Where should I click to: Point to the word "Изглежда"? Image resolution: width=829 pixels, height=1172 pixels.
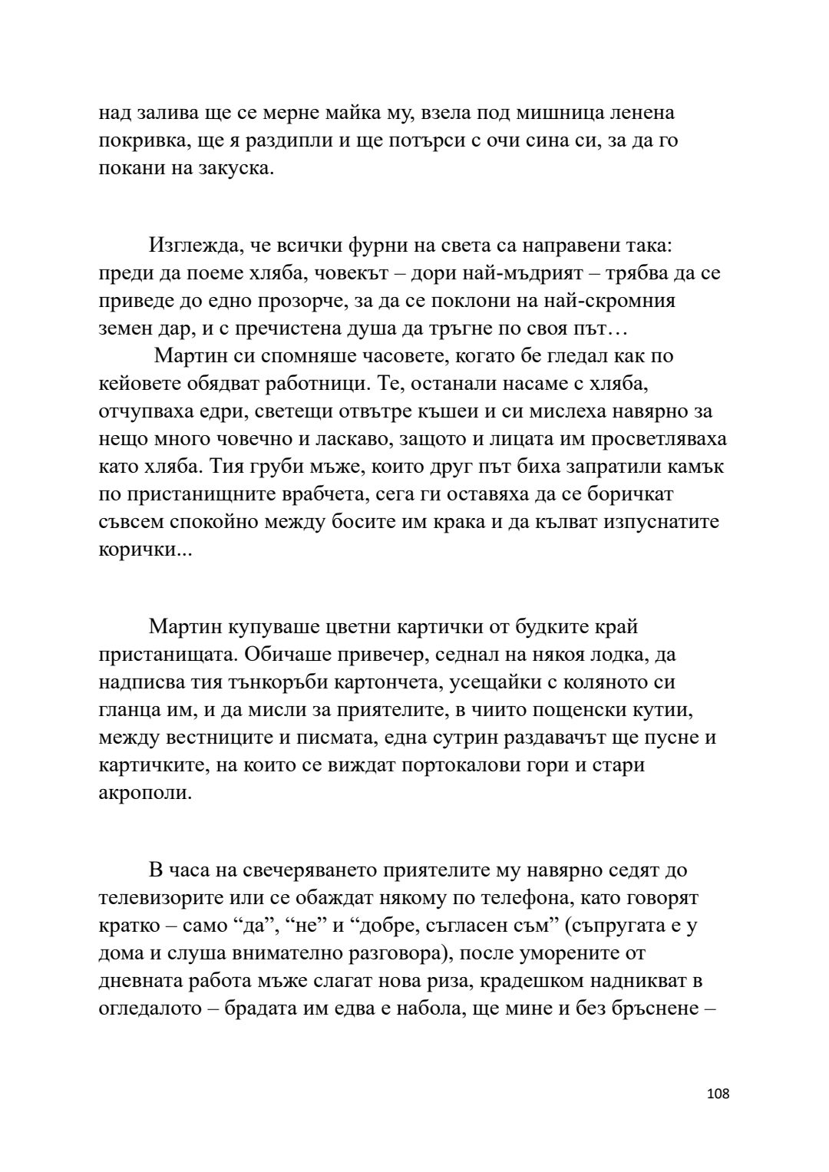[192, 246]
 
